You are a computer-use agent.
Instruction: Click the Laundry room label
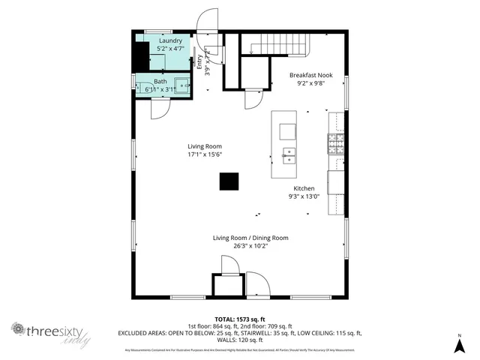pos(170,40)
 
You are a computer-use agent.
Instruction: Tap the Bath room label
pos(161,82)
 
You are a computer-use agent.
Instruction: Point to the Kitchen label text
pos(304,188)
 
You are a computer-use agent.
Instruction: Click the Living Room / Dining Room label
pos(250,238)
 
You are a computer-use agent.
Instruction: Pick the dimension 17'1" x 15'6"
pos(205,154)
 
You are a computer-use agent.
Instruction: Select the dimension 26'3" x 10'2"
pos(250,246)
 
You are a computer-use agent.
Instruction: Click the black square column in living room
pos(229,182)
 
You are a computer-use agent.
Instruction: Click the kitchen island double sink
pos(289,155)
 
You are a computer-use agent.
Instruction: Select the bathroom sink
pos(181,84)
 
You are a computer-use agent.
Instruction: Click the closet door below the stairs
pos(255,97)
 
